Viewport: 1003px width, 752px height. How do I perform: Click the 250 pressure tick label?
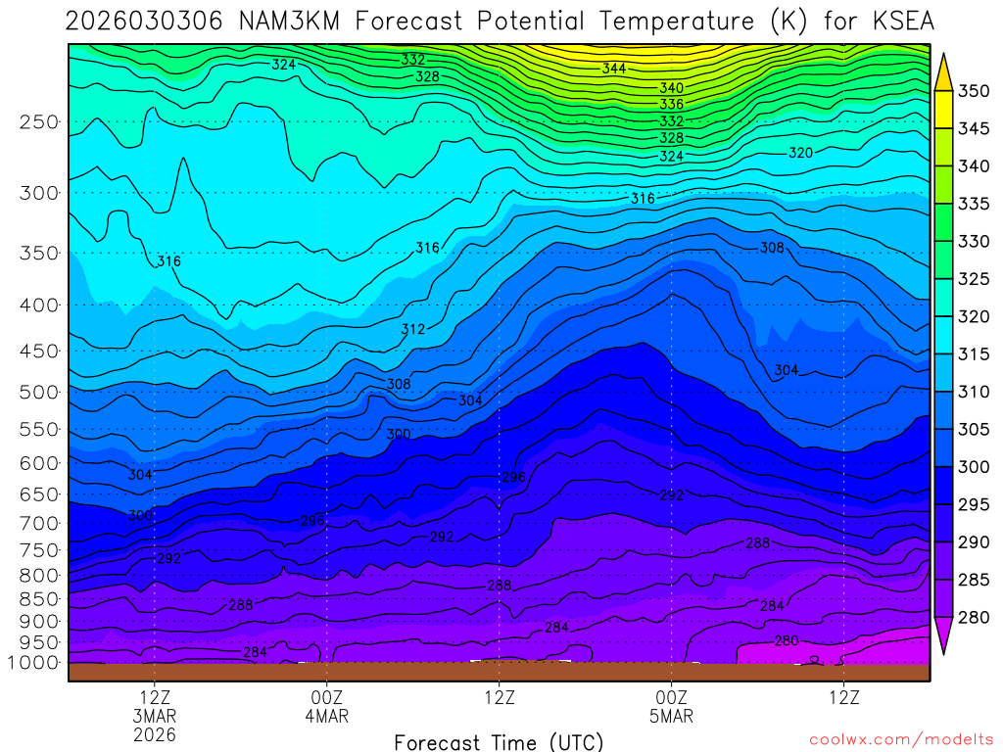pos(38,122)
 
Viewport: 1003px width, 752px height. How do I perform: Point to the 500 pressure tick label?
pos(38,392)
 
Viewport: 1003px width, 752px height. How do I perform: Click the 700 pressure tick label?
pos(38,524)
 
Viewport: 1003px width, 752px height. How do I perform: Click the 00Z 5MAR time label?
pos(671,707)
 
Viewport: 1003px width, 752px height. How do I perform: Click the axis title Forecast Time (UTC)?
pos(499,741)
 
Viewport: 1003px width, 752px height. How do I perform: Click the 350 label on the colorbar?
pos(973,91)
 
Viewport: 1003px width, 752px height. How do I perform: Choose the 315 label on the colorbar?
pos(973,354)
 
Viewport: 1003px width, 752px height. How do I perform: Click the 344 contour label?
pos(614,69)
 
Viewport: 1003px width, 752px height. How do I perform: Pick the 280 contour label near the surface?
pos(787,641)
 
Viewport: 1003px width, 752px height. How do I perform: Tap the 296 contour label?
pos(513,478)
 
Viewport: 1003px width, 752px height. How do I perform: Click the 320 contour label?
pos(800,153)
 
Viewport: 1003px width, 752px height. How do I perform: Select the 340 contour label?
pos(671,88)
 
